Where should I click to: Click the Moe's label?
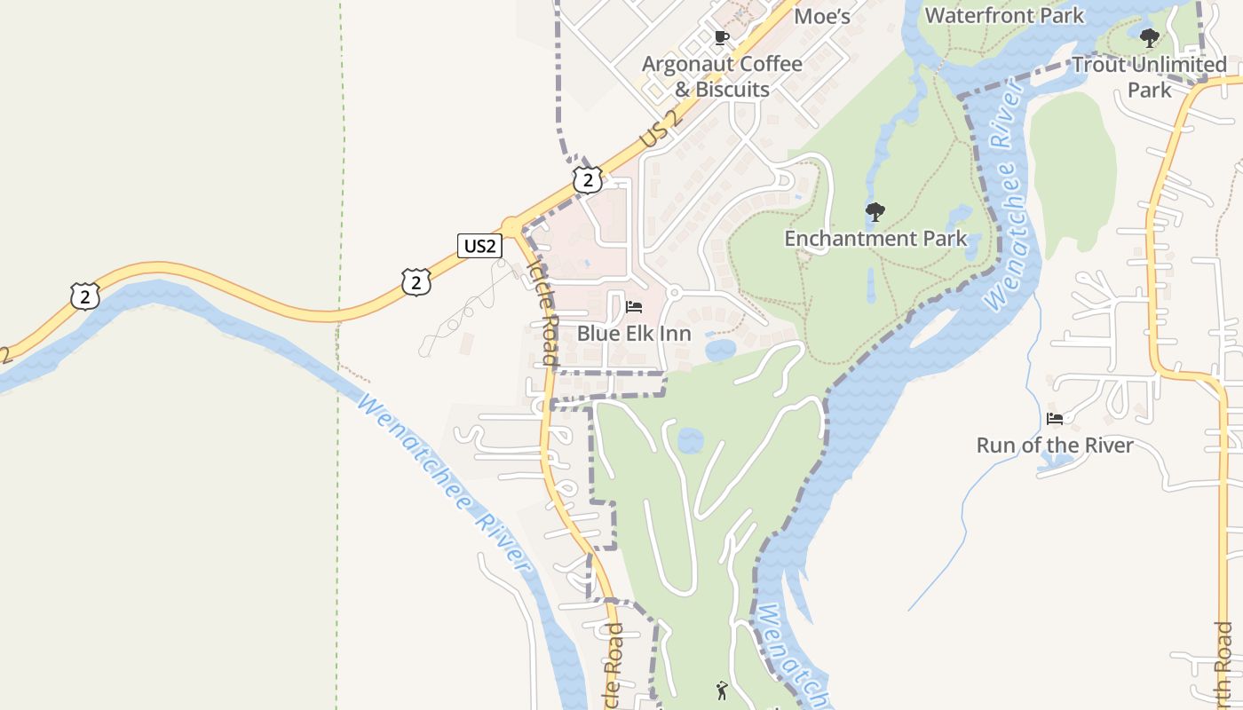tap(822, 16)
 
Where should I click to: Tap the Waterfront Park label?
tap(1004, 15)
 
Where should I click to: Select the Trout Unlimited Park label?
tap(1149, 76)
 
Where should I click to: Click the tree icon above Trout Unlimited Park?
tap(1150, 38)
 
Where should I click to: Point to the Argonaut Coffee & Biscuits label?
tap(722, 76)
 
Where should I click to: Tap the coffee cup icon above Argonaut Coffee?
tap(722, 38)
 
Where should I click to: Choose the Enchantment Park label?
tap(875, 238)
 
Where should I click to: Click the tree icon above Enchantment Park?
tap(875, 212)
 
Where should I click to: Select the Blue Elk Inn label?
tap(634, 334)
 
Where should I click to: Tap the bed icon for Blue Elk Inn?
tap(634, 307)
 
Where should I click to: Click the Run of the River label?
tap(1055, 445)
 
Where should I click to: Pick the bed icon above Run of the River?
tap(1055, 418)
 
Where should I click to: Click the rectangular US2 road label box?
tap(479, 246)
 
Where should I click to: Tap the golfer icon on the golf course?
tap(722, 690)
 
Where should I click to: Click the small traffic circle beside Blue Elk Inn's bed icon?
tap(674, 292)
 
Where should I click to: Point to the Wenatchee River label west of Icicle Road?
tap(444, 484)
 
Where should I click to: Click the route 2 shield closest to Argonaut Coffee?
tap(587, 179)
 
